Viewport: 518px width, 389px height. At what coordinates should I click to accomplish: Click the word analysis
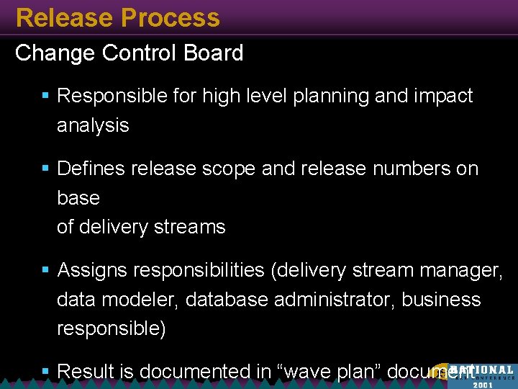click(93, 125)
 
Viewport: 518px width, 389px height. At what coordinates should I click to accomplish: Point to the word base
click(78, 198)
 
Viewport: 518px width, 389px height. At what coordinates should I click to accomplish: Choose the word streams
click(191, 227)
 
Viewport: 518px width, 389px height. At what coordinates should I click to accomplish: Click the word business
click(441, 300)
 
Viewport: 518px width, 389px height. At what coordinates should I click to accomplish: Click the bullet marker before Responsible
click(46, 95)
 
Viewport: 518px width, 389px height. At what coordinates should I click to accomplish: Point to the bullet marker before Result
click(46, 371)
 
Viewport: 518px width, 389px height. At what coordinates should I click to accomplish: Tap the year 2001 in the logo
click(483, 385)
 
